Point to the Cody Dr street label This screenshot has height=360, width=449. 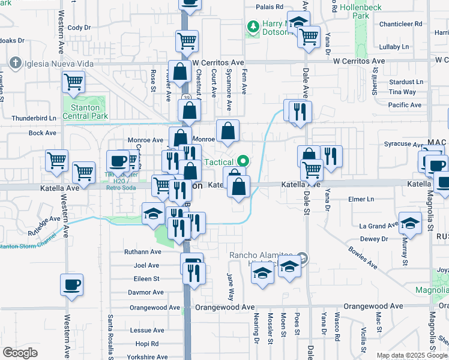pyautogui.click(x=79, y=28)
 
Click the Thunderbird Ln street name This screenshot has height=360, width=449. pyautogui.click(x=34, y=118)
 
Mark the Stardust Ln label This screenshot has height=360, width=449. pyautogui.click(x=406, y=82)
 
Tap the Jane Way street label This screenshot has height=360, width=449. pyautogui.click(x=230, y=287)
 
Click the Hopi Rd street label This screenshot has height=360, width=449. pyautogui.click(x=146, y=344)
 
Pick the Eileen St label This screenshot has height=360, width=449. pyautogui.click(x=146, y=278)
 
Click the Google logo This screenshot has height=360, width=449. pyautogui.click(x=20, y=353)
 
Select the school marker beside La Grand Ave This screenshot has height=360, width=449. pyautogui.click(x=410, y=224)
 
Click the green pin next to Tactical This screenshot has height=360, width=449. pyautogui.click(x=243, y=161)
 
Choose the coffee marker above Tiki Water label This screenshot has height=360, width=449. pyautogui.click(x=117, y=161)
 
